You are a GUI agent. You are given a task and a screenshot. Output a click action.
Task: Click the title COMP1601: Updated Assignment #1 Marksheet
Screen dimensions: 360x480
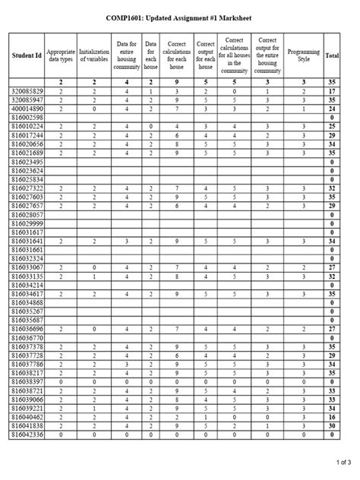179,17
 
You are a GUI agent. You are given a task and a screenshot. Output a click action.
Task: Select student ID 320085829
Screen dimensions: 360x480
27,91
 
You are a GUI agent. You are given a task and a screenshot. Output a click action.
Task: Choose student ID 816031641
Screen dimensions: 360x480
27,241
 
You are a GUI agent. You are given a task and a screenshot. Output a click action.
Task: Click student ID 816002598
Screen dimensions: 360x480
27,118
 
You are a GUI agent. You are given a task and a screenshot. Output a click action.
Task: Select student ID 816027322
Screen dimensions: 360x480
27,188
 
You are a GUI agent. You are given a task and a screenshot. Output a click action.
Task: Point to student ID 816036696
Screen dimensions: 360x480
27,329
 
